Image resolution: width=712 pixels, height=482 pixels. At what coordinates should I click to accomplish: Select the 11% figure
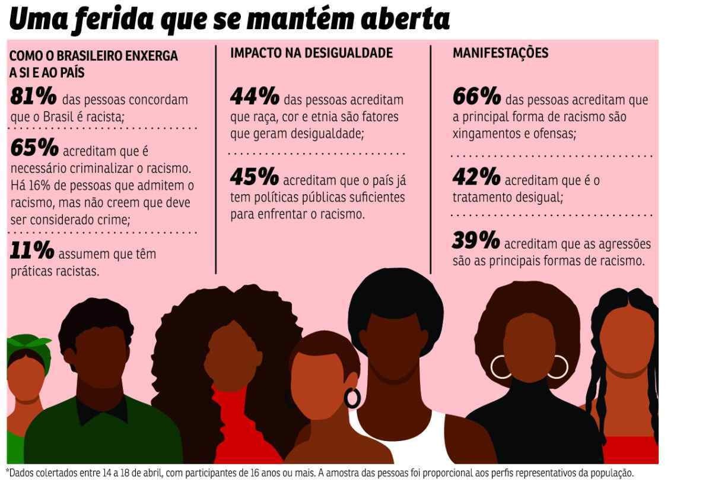click(x=32, y=250)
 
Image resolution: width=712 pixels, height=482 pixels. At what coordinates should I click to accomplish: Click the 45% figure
click(x=255, y=176)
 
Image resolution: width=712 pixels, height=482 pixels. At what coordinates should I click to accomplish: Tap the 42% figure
click(x=476, y=176)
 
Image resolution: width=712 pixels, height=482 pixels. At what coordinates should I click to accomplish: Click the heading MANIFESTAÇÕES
click(x=500, y=53)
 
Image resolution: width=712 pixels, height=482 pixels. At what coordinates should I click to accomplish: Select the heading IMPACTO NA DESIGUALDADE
click(x=311, y=53)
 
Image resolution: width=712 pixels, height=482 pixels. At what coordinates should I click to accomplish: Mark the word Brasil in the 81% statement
click(x=59, y=117)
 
